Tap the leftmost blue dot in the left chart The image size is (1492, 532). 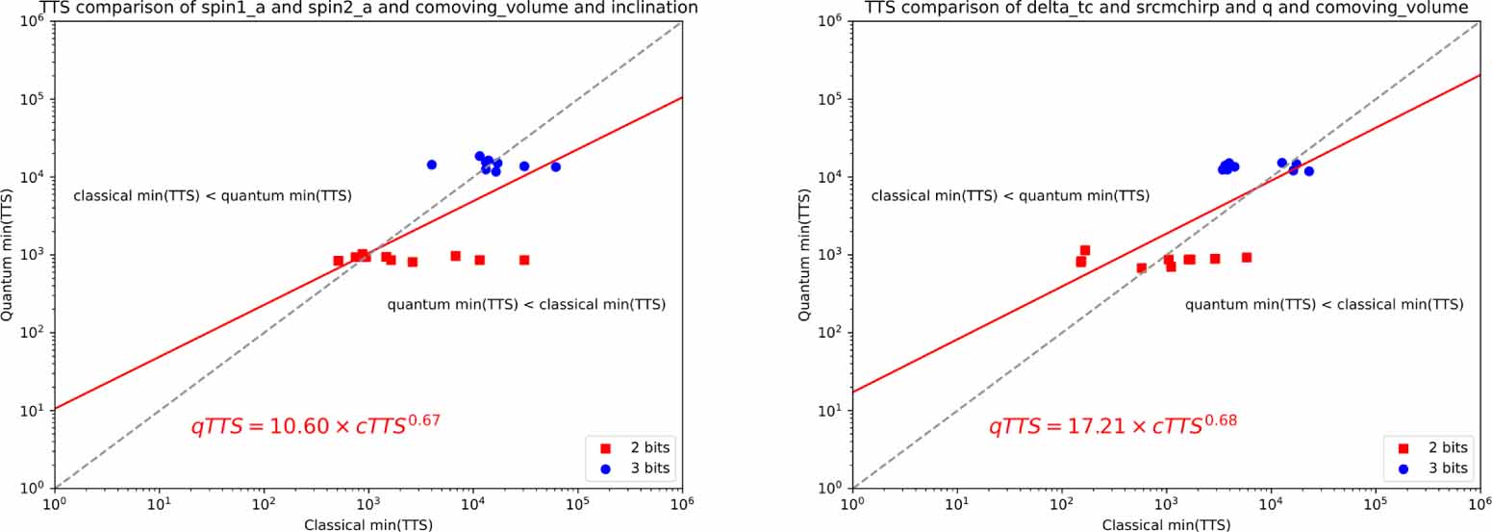(432, 165)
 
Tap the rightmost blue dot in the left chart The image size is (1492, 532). (555, 167)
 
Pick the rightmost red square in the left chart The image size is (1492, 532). (524, 260)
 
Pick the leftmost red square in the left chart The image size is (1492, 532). (339, 261)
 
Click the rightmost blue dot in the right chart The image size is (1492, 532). (1308, 171)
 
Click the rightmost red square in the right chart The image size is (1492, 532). (1246, 257)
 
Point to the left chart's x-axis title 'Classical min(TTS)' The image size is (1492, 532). (367, 524)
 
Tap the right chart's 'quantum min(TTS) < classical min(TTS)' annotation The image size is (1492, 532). (1324, 305)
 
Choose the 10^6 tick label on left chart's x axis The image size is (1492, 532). (682, 503)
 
